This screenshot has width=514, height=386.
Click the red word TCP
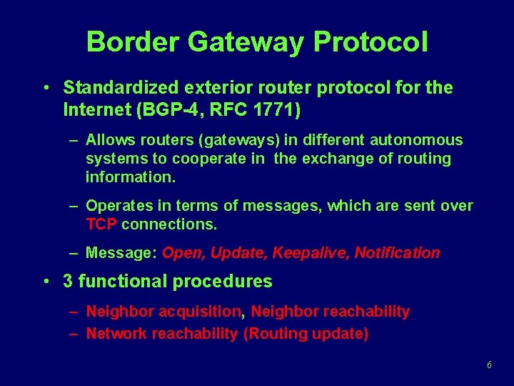101,224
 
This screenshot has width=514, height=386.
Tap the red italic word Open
180,253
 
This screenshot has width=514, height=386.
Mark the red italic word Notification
397,253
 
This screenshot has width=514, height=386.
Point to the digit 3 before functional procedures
68,282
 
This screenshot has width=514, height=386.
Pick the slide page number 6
489,365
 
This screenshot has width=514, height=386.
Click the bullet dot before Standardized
45,89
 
